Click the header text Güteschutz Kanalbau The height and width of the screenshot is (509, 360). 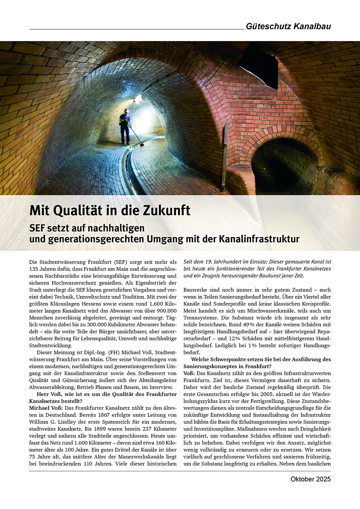288,26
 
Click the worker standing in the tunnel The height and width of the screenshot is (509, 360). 125,126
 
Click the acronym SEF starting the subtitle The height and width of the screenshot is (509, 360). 38,228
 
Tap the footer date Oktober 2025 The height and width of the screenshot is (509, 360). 310,479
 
